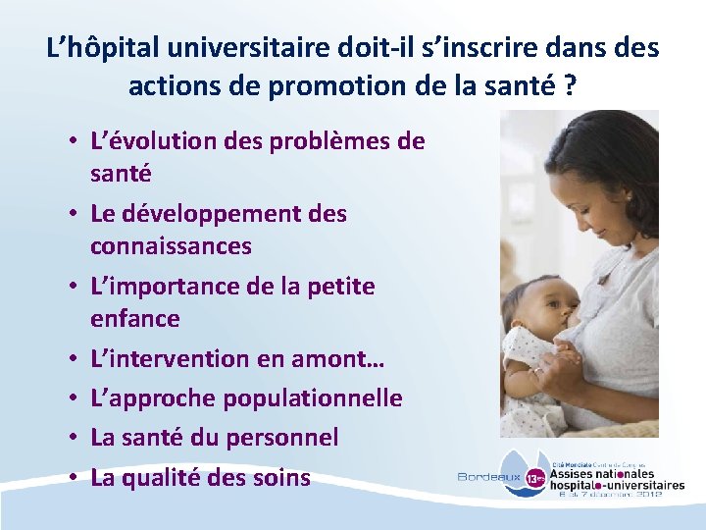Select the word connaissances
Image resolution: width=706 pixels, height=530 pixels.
click(x=171, y=245)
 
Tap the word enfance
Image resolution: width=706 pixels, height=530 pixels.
click(x=135, y=318)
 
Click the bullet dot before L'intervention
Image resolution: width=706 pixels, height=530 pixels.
click(x=75, y=360)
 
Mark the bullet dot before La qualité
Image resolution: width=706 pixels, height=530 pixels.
click(x=75, y=479)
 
